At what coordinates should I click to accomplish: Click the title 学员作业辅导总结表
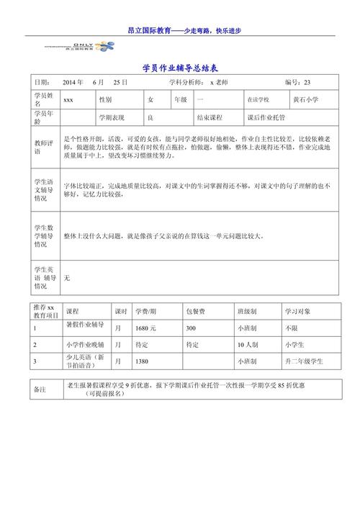point(180,67)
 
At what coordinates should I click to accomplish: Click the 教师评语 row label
point(43,148)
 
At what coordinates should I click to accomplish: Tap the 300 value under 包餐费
point(191,328)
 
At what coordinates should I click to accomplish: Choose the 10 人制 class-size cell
point(248,345)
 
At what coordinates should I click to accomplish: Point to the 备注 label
point(40,389)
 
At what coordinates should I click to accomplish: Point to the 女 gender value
point(150,100)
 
